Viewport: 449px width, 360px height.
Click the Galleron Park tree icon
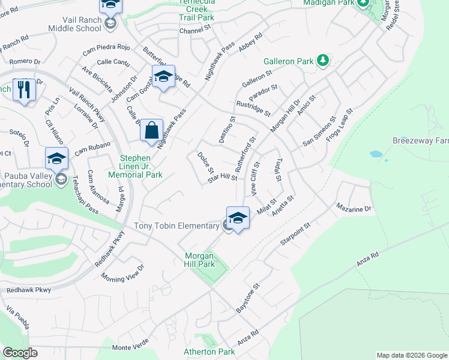pos(323,60)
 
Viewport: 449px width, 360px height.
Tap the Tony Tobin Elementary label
pos(176,226)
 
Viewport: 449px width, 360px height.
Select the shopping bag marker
pos(152,130)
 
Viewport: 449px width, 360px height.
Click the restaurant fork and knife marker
pos(24,90)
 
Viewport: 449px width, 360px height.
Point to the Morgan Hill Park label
pos(199,260)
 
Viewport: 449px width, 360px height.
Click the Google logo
pos(20,353)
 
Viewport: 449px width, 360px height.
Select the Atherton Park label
pos(209,352)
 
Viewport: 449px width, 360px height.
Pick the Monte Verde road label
pos(129,348)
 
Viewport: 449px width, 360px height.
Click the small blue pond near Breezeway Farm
pos(376,154)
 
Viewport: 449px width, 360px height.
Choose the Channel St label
pos(195,31)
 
